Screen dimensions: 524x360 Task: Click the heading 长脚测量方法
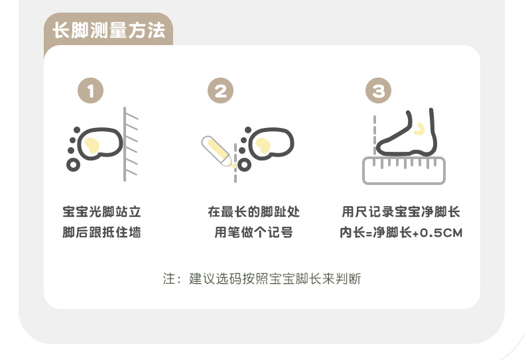(x=109, y=30)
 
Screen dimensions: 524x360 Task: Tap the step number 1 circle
(x=91, y=91)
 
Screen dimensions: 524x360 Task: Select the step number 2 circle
(x=221, y=91)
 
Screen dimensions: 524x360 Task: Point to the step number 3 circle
(x=378, y=91)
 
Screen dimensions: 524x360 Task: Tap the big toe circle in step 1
(x=73, y=164)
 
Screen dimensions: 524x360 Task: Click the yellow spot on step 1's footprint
(x=92, y=146)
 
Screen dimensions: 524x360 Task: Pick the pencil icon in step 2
(x=216, y=150)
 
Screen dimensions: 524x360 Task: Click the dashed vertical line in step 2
(x=235, y=163)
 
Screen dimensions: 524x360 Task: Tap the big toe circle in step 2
(x=244, y=164)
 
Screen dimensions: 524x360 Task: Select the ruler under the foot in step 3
(x=404, y=170)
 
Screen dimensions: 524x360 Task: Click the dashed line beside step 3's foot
(x=375, y=135)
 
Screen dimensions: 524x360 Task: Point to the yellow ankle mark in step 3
(x=419, y=129)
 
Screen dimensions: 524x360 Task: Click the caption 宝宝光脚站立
(x=102, y=211)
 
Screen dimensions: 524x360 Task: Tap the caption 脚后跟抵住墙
(x=102, y=233)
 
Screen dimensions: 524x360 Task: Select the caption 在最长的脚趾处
(x=253, y=211)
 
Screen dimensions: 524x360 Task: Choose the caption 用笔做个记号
(x=253, y=233)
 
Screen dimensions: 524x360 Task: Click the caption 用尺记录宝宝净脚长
(x=401, y=211)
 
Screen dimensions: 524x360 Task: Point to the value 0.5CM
(x=441, y=233)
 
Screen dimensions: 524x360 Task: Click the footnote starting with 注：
(x=262, y=278)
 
